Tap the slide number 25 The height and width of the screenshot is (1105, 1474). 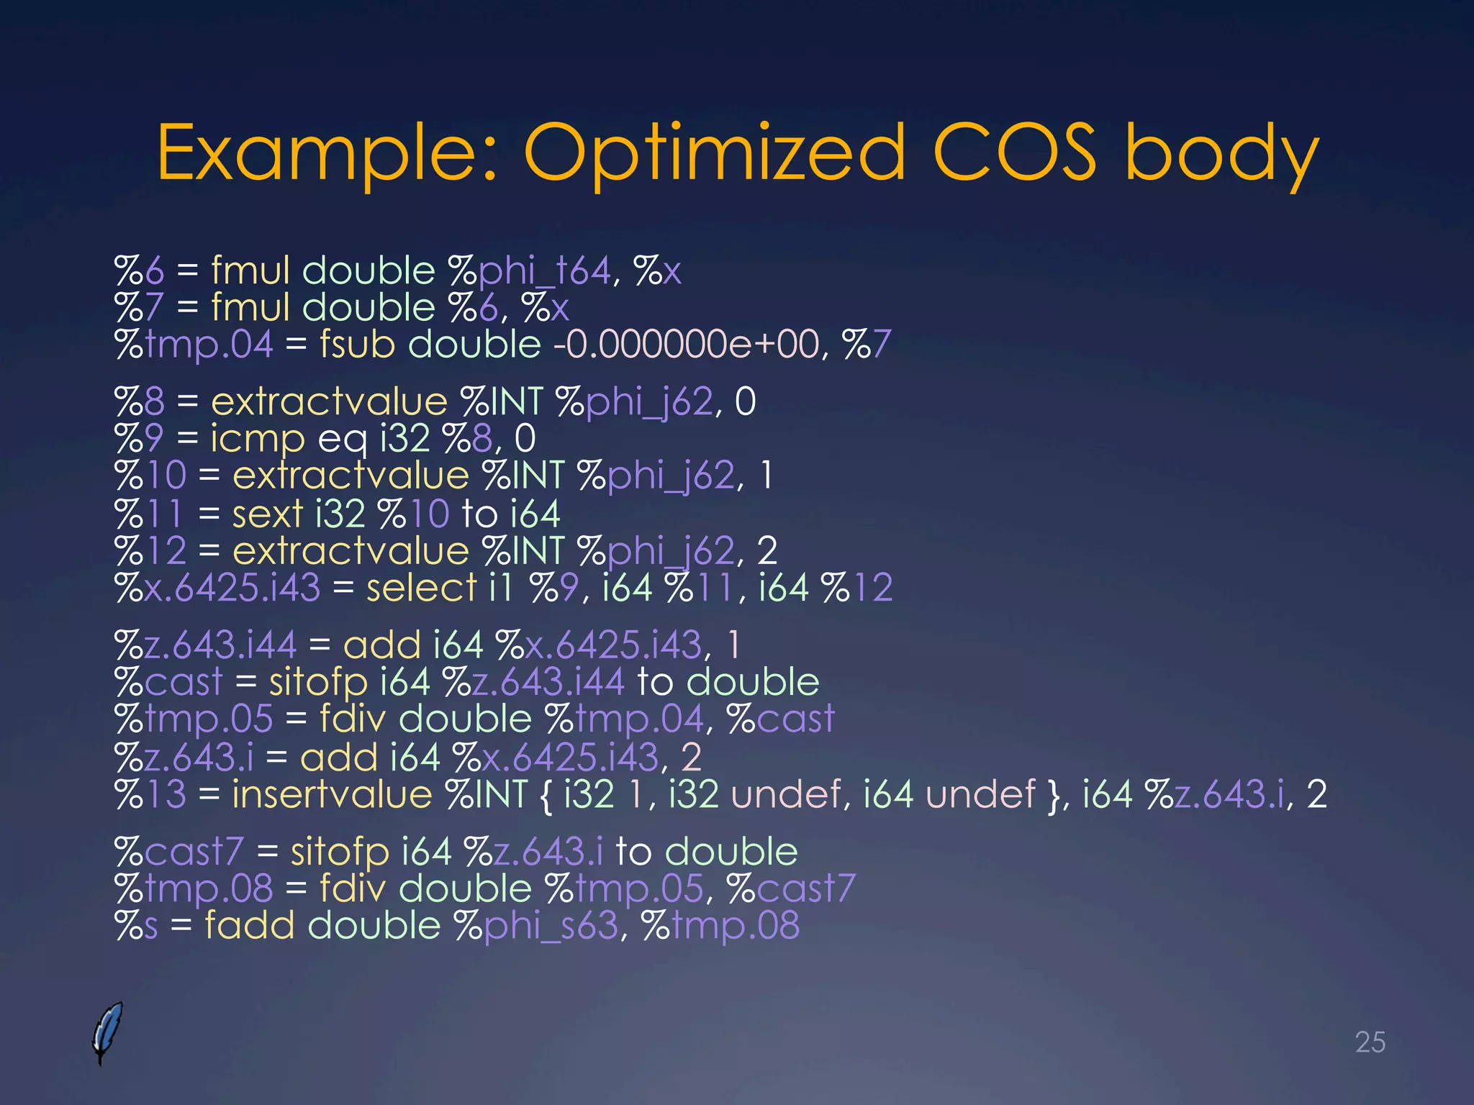pyautogui.click(x=1370, y=1042)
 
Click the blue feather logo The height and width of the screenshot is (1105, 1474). pyautogui.click(x=107, y=1032)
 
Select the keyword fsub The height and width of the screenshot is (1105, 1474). pyautogui.click(x=357, y=344)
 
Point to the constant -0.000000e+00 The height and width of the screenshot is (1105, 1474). pyautogui.click(x=685, y=344)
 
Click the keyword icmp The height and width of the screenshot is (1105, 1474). pyautogui.click(x=257, y=438)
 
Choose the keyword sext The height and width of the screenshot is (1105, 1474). pyautogui.click(x=267, y=513)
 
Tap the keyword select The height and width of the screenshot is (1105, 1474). pyautogui.click(x=421, y=588)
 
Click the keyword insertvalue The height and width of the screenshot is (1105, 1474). pyautogui.click(x=331, y=794)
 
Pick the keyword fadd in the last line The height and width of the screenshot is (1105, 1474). pyautogui.click(x=249, y=925)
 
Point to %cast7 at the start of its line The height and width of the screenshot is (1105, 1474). pyautogui.click(x=179, y=852)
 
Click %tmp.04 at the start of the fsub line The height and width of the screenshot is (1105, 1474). pyautogui.click(x=194, y=344)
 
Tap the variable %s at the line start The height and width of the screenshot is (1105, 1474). pyautogui.click(x=136, y=925)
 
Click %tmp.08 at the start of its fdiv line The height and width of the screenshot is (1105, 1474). pyautogui.click(x=194, y=888)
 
